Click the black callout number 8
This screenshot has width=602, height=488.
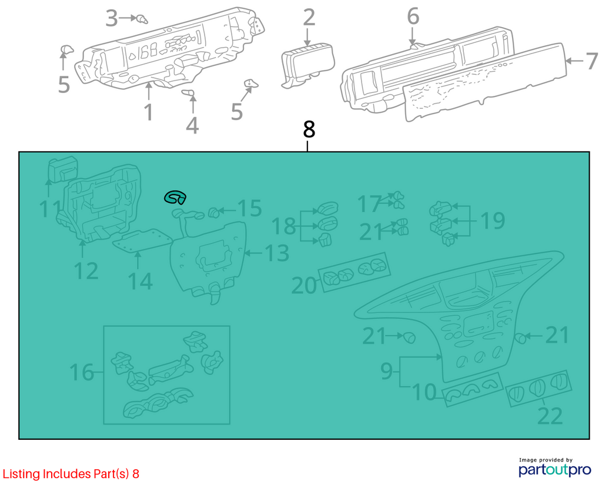309,129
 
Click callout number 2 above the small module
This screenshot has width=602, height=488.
309,18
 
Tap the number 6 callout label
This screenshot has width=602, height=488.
413,16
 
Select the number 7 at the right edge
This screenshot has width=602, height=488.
591,61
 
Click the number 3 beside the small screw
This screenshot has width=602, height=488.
112,18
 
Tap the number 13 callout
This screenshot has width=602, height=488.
277,253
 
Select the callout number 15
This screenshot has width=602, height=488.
249,208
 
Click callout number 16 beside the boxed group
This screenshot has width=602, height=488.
82,372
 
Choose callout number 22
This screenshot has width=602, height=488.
550,416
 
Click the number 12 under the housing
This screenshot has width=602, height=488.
86,271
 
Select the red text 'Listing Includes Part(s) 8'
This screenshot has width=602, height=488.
71,474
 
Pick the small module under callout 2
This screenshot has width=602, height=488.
307,65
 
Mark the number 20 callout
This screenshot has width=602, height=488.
304,285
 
